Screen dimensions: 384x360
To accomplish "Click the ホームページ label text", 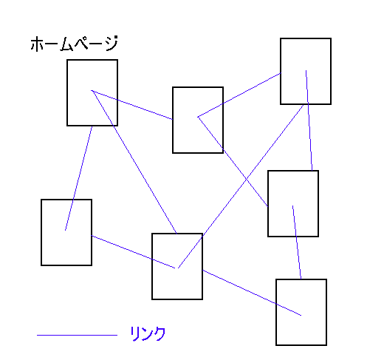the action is coord(75,44).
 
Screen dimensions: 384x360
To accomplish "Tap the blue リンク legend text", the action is coord(148,333).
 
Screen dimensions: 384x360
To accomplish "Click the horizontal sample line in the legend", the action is coord(77,335).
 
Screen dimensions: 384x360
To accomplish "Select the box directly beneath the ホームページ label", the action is coord(92,92).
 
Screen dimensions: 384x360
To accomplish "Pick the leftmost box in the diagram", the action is coord(66,232).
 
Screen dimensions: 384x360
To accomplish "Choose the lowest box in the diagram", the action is coord(301,312).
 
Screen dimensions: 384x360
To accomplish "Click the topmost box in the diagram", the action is coord(306,71).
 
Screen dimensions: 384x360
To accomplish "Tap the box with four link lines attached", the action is coord(177,266).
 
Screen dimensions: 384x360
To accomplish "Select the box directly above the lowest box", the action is coord(293,203).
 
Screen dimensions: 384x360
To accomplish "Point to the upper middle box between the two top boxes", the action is coord(198,120).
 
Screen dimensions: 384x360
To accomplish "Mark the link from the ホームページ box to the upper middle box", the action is coord(132,105).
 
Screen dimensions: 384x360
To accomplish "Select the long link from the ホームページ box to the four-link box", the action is coord(134,162).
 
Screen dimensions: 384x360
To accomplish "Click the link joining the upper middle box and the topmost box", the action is coord(239,95).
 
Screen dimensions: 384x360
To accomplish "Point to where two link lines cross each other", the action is coord(246,180).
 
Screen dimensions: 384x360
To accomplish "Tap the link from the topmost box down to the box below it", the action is coord(309,120).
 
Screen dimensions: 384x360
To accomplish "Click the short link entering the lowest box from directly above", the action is coord(297,242).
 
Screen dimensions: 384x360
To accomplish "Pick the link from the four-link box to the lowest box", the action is coord(252,293).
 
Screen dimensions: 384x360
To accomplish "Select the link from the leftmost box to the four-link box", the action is coord(133,252).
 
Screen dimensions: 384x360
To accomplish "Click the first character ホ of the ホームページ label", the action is coord(37,44).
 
